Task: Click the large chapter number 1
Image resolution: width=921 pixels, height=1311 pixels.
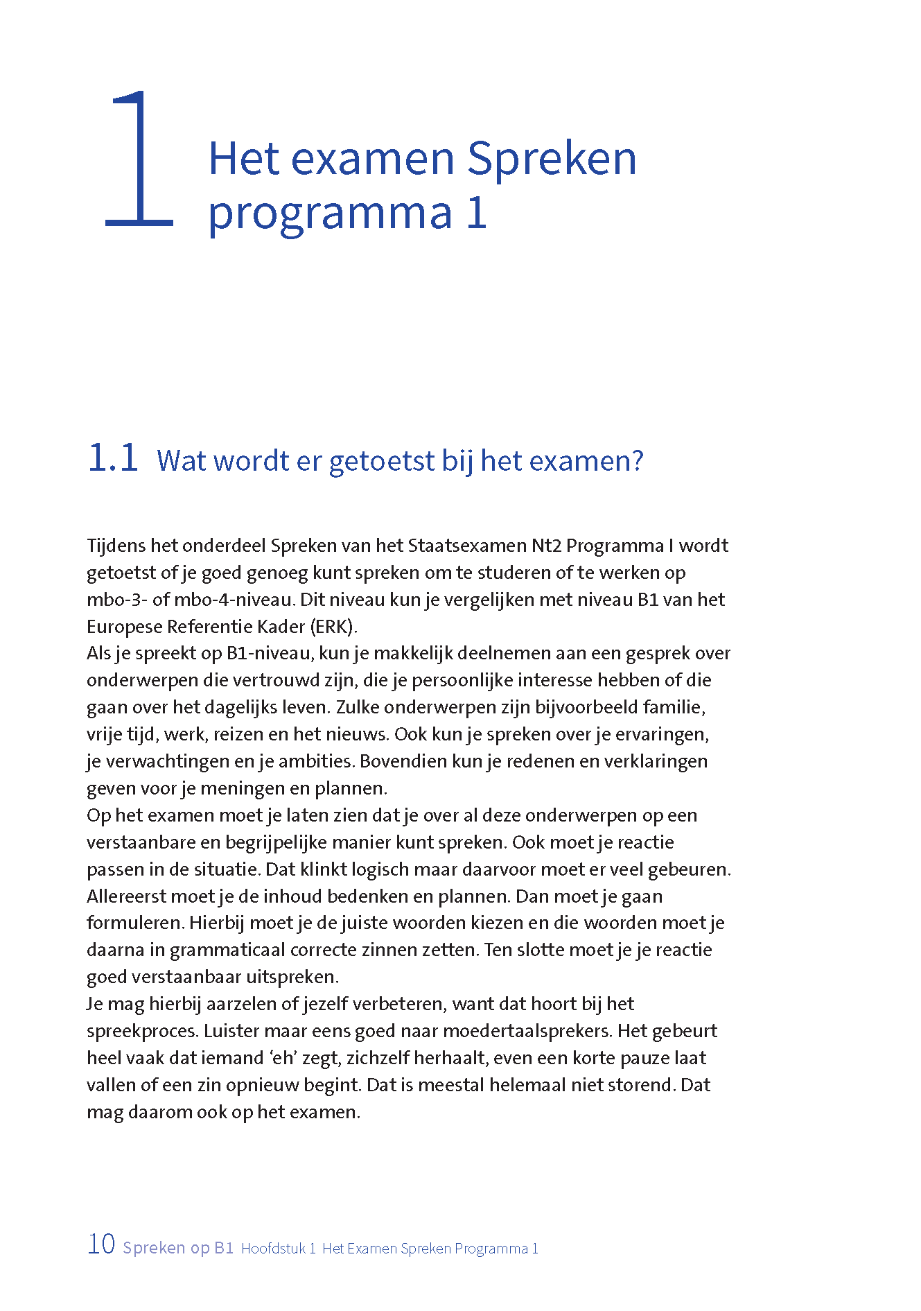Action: pos(140,159)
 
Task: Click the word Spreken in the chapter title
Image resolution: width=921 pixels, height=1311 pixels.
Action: pos(551,159)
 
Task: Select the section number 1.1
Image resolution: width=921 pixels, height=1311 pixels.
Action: pos(113,459)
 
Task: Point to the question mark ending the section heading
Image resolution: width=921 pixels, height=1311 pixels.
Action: pos(637,460)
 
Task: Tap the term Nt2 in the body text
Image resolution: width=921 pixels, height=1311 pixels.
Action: pos(546,546)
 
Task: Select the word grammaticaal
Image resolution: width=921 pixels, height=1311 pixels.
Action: pos(227,950)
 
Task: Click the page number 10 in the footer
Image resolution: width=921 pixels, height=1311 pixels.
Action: pos(101,1244)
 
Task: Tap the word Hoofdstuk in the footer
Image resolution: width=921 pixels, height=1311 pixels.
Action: pos(274,1249)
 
